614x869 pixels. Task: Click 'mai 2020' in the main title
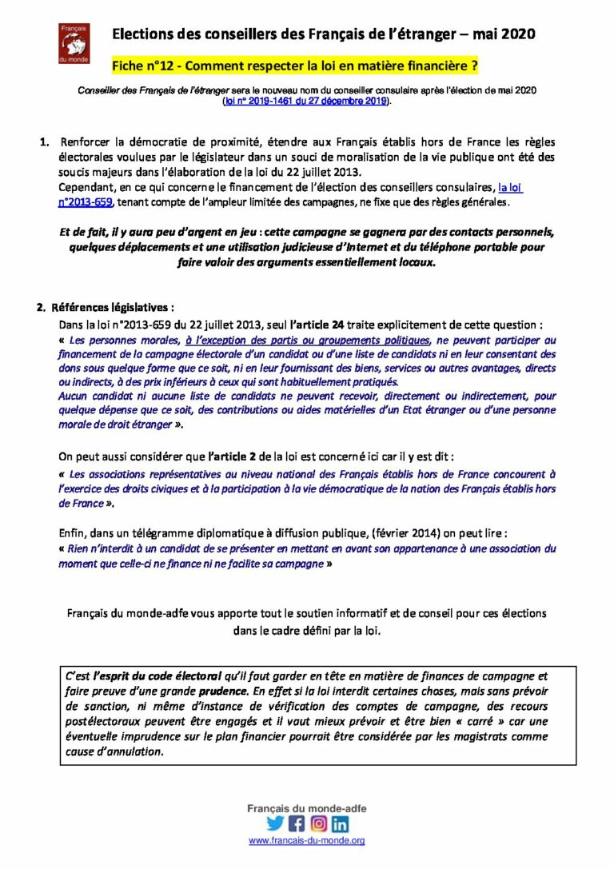coord(506,34)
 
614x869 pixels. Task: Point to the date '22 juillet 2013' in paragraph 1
coord(320,172)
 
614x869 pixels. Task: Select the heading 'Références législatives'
coord(112,307)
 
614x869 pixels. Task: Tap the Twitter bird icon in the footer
coord(275,823)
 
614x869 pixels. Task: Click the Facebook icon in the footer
coord(297,823)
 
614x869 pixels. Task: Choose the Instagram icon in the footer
coord(318,823)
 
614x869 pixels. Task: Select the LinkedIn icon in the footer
coord(340,823)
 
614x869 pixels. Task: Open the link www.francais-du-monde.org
coord(307,840)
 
